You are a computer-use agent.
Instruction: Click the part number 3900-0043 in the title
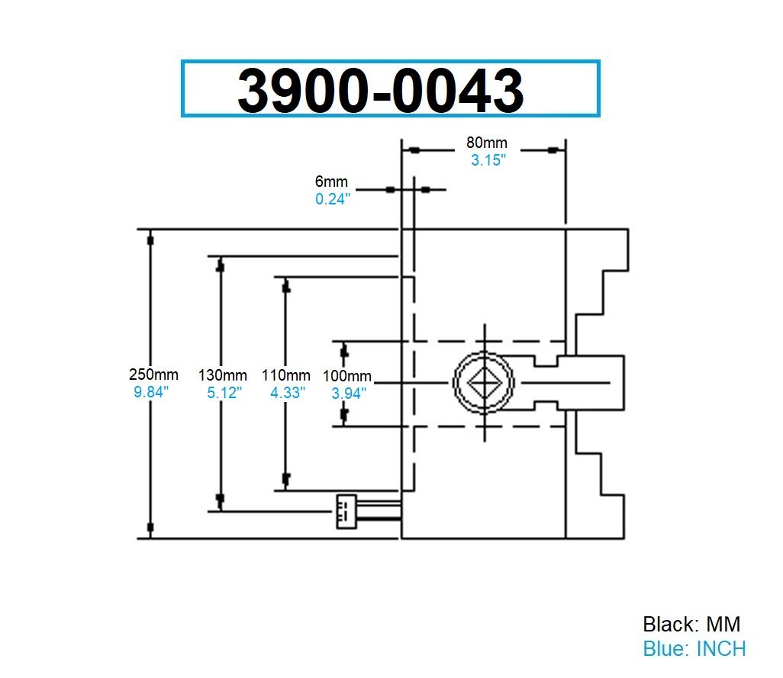[x=380, y=90]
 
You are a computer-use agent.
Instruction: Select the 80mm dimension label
[x=487, y=143]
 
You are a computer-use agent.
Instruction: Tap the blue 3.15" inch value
[x=488, y=160]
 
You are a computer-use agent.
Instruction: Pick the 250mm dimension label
[x=154, y=374]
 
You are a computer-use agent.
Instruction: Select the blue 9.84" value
[x=150, y=391]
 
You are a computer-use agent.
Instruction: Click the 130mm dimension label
[x=223, y=375]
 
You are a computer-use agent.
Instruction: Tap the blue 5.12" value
[x=224, y=392]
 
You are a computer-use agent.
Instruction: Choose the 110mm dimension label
[x=286, y=375]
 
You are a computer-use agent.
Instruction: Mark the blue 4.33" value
[x=288, y=392]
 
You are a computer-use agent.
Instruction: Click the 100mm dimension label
[x=347, y=376]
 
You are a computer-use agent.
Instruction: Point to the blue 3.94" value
[x=349, y=393]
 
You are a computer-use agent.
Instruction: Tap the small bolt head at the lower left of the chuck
[x=346, y=511]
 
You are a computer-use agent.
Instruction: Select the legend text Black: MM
[x=691, y=624]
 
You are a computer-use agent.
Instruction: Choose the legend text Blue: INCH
[x=694, y=648]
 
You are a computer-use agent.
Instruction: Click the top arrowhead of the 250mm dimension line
[x=150, y=239]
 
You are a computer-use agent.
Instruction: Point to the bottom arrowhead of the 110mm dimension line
[x=286, y=479]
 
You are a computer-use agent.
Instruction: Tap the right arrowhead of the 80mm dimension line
[x=552, y=150]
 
